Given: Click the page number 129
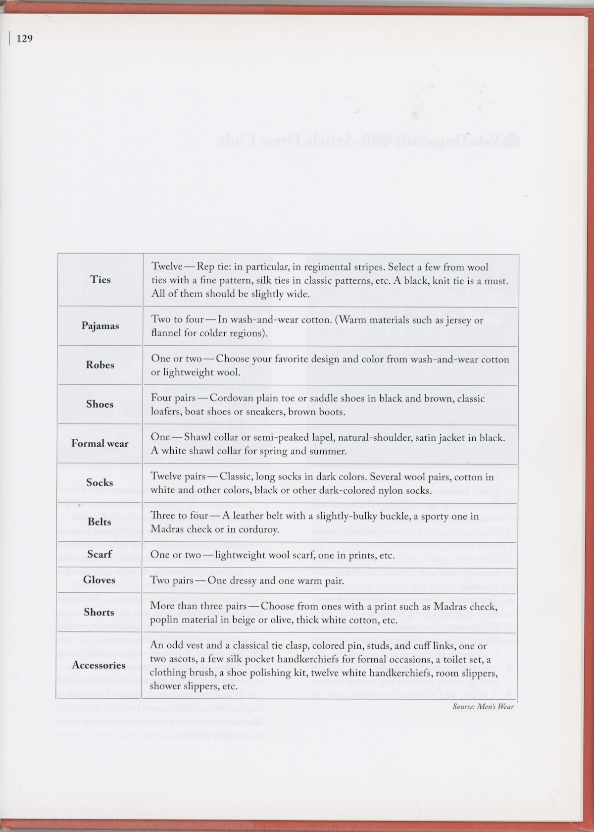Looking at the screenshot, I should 24,38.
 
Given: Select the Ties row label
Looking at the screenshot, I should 100,280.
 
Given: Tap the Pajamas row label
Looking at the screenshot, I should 100,326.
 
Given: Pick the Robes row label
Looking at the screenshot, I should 100,365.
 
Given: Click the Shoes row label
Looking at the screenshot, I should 100,404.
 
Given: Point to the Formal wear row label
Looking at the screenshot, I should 100,444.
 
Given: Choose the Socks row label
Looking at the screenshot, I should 100,483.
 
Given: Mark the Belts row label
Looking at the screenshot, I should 99,522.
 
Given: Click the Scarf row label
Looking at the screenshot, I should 99,554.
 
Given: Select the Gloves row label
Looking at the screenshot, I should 99,580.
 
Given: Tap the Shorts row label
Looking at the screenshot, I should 99,613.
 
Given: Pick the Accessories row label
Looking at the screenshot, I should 99,666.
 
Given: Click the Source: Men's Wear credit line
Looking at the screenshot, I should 483,707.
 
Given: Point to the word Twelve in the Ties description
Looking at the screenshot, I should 167,267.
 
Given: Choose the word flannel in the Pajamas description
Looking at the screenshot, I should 166,333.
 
